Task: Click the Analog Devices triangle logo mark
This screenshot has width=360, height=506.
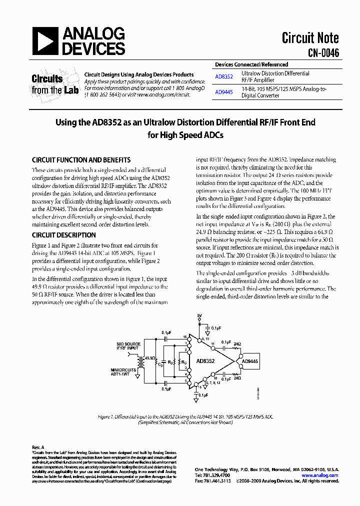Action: pos(45,41)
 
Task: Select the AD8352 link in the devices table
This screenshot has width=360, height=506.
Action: pos(223,77)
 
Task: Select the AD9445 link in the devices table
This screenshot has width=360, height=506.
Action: pos(223,92)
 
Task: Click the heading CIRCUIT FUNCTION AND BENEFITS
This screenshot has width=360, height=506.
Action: pos(81,160)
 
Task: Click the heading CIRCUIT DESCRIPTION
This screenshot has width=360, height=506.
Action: pos(63,235)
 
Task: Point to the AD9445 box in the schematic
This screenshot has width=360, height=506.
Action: pos(249,361)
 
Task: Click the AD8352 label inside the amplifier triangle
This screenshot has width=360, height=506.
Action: pos(205,361)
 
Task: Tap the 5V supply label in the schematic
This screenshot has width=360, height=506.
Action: pos(199,316)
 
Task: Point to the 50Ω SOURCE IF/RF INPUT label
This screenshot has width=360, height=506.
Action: pos(128,347)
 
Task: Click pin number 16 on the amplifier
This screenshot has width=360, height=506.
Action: pos(184,337)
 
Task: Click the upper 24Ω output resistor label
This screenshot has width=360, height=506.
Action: pos(237,344)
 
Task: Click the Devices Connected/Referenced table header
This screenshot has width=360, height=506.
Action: pos(251,65)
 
